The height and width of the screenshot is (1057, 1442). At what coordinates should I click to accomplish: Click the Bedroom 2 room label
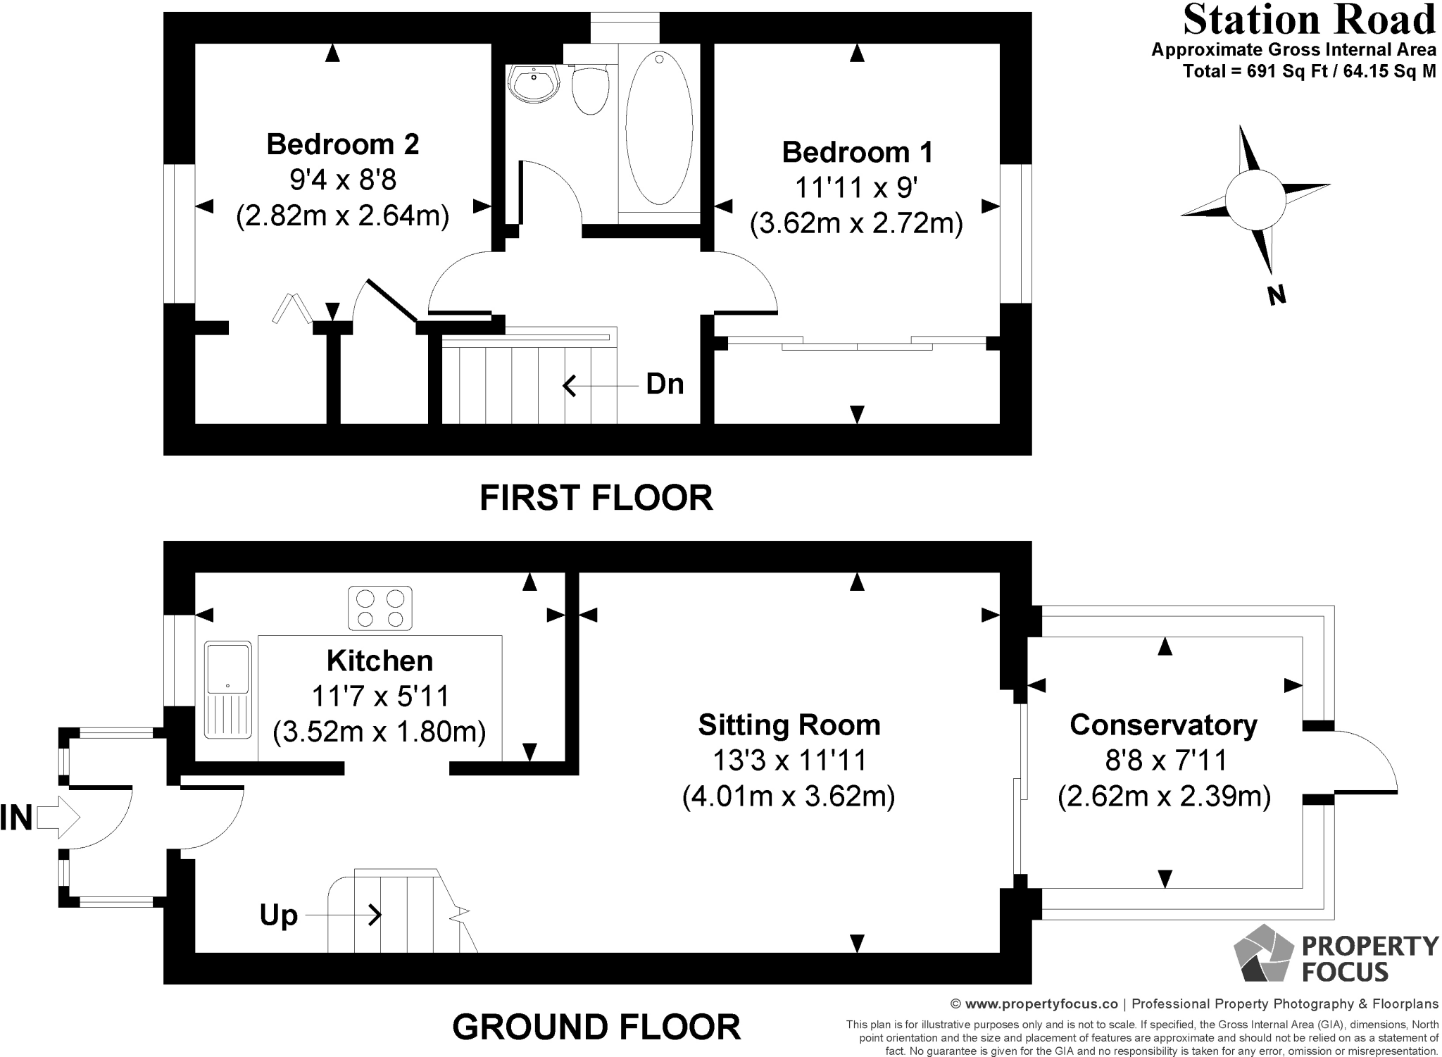(343, 144)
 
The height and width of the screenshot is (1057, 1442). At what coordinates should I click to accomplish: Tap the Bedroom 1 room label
(858, 152)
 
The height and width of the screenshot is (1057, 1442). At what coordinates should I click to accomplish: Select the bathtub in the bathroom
(659, 127)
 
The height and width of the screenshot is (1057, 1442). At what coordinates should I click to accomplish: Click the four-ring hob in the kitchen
(380, 608)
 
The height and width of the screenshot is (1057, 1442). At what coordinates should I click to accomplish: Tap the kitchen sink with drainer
(228, 690)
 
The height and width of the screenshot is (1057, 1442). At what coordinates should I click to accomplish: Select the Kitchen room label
(380, 661)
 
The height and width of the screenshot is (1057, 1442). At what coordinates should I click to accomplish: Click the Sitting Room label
(789, 725)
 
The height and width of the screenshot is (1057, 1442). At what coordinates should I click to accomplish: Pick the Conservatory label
(1164, 725)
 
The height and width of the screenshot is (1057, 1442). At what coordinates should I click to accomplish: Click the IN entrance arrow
(58, 818)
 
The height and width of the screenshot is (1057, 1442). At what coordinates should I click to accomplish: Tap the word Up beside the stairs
(279, 915)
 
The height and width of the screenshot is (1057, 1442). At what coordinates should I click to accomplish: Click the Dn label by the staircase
(665, 384)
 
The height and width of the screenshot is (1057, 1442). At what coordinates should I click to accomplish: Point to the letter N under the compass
(1277, 294)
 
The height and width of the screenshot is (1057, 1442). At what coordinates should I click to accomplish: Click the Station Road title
(1309, 20)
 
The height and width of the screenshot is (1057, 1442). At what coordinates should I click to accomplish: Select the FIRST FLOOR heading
(596, 498)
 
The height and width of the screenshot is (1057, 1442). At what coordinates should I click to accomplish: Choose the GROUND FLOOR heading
(596, 1027)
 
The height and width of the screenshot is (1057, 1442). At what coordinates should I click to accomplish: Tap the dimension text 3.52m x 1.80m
(380, 732)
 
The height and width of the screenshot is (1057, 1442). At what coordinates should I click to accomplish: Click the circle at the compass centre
(1254, 199)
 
